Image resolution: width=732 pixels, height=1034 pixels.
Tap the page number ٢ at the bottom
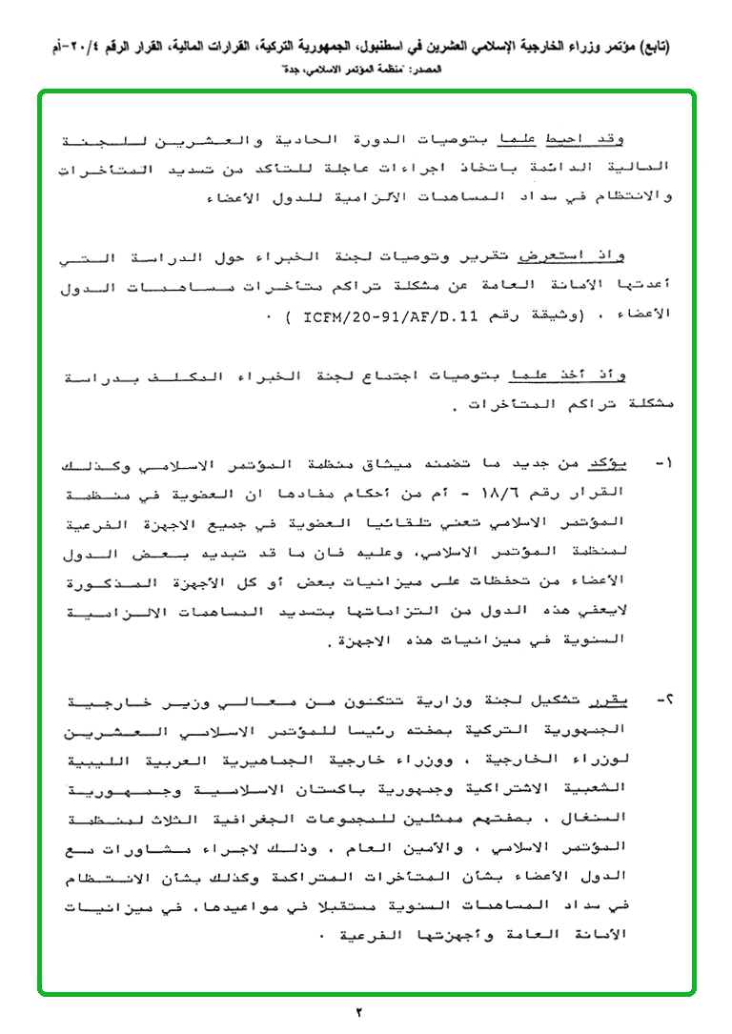[x=360, y=1011]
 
